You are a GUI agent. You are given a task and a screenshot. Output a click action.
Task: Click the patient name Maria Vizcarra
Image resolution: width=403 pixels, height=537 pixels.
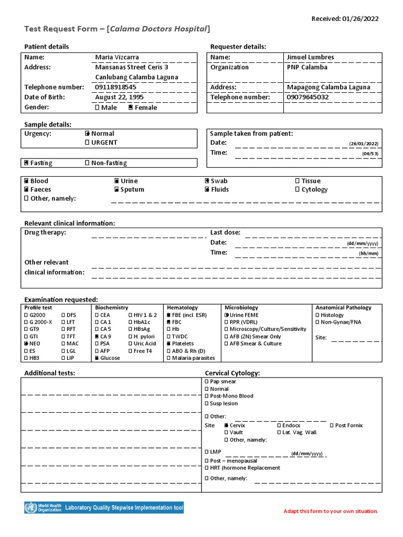[117, 57]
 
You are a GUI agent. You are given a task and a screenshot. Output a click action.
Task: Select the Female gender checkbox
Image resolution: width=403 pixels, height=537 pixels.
[131, 108]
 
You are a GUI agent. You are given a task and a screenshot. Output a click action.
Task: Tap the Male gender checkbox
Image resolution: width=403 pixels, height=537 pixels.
[97, 108]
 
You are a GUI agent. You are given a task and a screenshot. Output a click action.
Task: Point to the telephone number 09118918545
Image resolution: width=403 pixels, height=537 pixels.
[115, 87]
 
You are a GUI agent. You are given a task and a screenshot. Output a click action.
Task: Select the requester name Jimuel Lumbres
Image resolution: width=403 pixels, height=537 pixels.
[310, 57]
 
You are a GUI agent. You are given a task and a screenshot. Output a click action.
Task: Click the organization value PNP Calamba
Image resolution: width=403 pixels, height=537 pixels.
[307, 67]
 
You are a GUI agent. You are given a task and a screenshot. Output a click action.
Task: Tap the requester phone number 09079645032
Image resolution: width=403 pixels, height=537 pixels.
[308, 97]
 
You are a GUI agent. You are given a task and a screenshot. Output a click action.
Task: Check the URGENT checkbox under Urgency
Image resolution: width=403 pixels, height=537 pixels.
[88, 143]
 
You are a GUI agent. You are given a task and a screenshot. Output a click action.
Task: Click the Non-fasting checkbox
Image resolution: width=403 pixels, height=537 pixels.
[88, 163]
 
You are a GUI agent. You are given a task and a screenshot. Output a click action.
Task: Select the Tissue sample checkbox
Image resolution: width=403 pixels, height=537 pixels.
[298, 181]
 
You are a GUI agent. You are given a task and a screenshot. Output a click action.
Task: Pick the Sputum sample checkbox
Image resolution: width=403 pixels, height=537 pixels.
[116, 190]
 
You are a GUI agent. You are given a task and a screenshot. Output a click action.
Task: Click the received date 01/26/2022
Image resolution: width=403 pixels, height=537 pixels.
[360, 19]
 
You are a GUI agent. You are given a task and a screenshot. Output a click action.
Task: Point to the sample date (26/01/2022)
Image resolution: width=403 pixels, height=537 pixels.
[364, 144]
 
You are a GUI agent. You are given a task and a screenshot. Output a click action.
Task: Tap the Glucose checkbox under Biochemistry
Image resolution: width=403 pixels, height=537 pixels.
[97, 358]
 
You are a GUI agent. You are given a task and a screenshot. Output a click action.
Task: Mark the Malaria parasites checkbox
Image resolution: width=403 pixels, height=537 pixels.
[168, 358]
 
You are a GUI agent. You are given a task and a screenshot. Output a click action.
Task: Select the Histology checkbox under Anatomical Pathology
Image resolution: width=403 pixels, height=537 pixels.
[317, 315]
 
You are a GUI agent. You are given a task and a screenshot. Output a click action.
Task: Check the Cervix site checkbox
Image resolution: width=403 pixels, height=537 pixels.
[226, 425]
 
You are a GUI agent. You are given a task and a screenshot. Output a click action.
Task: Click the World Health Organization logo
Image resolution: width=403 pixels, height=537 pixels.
[43, 508]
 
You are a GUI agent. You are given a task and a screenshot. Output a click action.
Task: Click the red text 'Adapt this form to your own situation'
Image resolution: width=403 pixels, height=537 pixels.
[331, 511]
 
